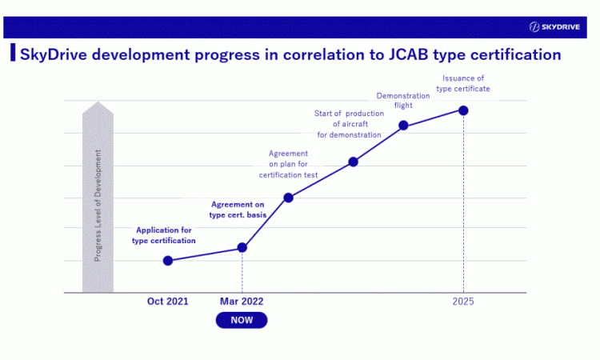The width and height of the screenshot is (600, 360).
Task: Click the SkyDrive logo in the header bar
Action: click(x=554, y=26)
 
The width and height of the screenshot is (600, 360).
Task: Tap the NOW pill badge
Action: click(x=242, y=320)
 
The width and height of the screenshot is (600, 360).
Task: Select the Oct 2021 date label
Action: click(x=168, y=302)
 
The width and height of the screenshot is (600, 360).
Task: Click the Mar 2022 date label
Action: click(x=242, y=302)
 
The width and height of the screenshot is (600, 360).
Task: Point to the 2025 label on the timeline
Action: click(x=463, y=302)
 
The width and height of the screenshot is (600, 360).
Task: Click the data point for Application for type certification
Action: click(x=168, y=261)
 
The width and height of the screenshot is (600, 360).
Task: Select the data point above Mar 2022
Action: click(x=242, y=247)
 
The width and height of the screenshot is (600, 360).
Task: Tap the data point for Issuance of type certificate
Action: click(x=463, y=110)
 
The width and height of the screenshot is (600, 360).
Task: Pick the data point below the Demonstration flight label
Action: click(x=403, y=125)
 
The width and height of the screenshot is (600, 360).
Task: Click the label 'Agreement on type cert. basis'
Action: click(x=238, y=210)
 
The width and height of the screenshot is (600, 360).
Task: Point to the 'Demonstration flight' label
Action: click(x=403, y=101)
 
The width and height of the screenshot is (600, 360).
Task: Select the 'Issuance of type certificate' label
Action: click(x=463, y=83)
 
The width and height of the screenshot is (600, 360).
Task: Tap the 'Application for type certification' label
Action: click(x=164, y=235)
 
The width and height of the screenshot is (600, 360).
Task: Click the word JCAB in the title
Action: click(x=408, y=54)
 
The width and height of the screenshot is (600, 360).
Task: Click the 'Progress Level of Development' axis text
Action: click(x=98, y=206)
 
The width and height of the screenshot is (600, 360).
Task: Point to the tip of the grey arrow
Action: click(x=98, y=102)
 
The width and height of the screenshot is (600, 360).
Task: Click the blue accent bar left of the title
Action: click(x=13, y=53)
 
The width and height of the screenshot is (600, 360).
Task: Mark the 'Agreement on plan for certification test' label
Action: click(x=288, y=164)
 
